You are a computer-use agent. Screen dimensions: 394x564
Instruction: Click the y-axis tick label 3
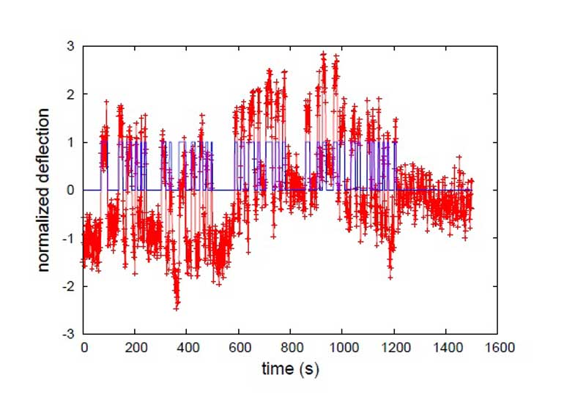pyautogui.click(x=71, y=47)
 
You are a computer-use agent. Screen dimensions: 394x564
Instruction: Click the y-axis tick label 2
pyautogui.click(x=71, y=94)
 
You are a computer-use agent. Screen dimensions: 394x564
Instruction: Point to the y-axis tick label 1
pyautogui.click(x=71, y=142)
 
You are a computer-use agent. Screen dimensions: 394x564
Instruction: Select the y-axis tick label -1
pyautogui.click(x=69, y=238)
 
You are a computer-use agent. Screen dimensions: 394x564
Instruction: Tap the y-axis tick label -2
pyautogui.click(x=69, y=286)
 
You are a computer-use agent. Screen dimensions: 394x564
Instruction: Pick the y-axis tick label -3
pyautogui.click(x=69, y=333)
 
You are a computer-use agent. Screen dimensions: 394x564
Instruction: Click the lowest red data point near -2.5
pyautogui.click(x=177, y=308)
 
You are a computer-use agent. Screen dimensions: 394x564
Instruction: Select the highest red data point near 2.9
pyautogui.click(x=323, y=53)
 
